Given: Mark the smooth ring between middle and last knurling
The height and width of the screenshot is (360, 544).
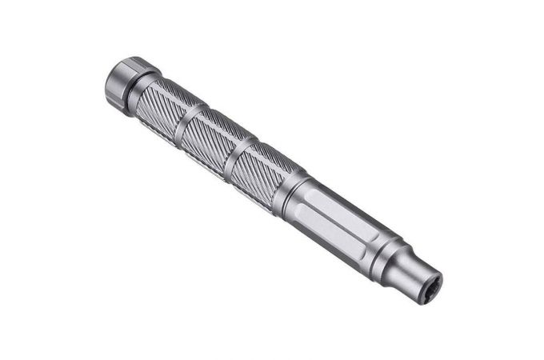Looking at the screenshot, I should click(238, 154).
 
